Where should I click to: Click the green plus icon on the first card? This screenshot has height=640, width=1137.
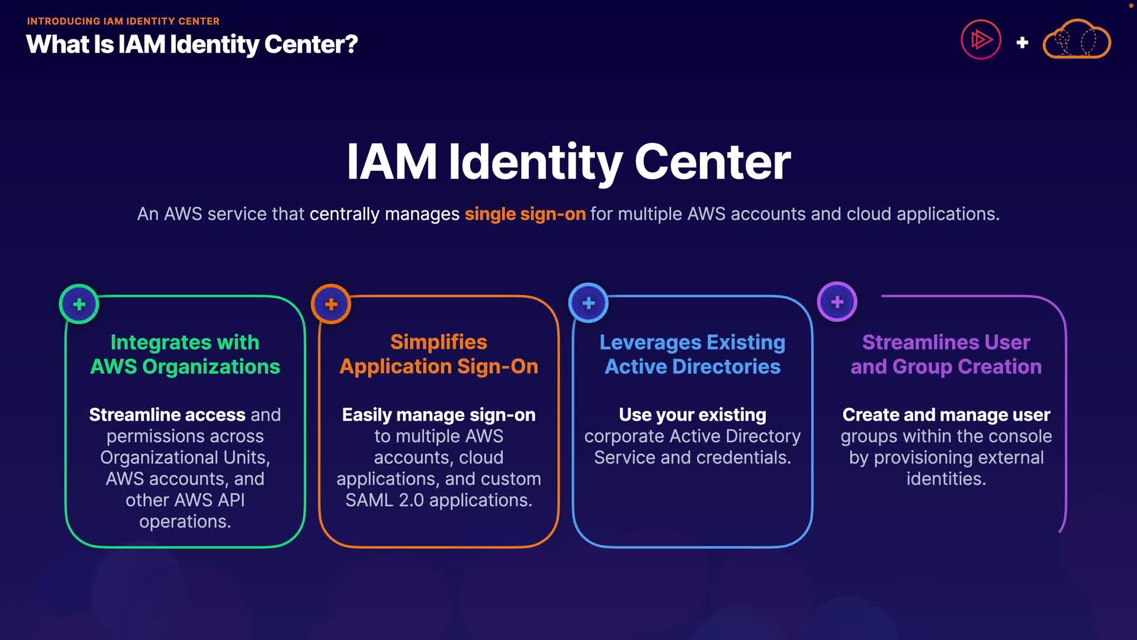pos(79,305)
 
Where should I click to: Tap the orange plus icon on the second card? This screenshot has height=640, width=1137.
pos(331,304)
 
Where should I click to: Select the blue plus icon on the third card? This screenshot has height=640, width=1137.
pos(589,303)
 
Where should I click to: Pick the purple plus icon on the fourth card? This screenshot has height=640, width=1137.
pos(837,302)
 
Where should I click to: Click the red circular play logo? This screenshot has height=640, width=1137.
pos(981,40)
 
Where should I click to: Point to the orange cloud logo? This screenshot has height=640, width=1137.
pos(1077,39)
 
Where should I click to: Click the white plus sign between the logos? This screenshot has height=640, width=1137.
pos(1022,43)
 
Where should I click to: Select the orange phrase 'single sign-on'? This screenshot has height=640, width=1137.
pos(525,214)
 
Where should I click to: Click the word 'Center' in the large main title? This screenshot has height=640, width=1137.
pos(712,162)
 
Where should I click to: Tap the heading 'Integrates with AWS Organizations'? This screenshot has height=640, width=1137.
pos(185,354)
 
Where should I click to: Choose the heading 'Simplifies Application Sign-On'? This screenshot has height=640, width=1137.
pos(439,354)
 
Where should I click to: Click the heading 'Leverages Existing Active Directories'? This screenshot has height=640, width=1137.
pos(692,354)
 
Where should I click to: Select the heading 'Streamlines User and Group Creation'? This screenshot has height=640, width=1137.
pos(946,354)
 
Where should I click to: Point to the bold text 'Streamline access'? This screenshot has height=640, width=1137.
pos(167,415)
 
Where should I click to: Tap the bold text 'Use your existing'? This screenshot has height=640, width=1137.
pos(692,415)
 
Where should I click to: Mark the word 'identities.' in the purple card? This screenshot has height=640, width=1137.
pos(946,479)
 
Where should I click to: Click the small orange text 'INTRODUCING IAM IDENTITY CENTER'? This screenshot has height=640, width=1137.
pos(123,21)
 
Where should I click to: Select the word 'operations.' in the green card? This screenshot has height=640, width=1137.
pos(185,521)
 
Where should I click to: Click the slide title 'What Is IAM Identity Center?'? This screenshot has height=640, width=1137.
pos(192,44)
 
